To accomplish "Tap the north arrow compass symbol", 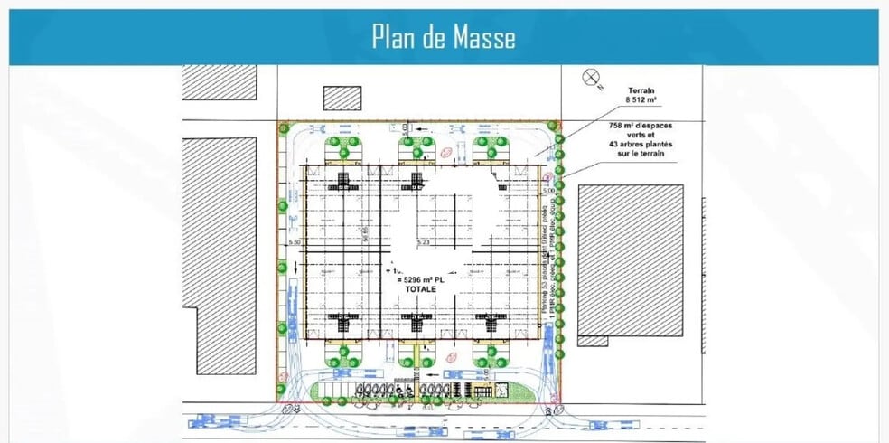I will (593, 78).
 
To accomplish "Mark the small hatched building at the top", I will (342, 98).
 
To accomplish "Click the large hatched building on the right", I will (631, 259).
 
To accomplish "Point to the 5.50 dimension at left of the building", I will (293, 243).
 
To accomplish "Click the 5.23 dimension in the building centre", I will (423, 243).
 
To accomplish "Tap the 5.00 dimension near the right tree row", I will (547, 192).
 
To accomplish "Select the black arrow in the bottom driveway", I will (434, 373).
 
